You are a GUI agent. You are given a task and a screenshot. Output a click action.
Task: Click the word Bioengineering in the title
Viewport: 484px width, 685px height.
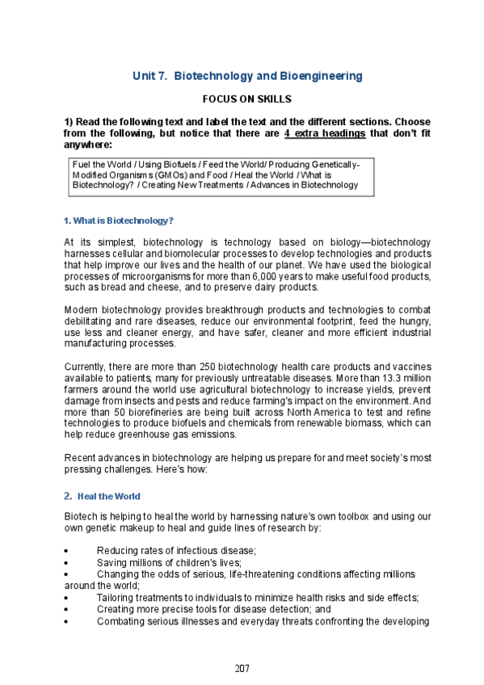coord(321,76)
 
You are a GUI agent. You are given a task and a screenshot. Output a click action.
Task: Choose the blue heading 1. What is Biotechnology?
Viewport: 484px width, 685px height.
coord(119,221)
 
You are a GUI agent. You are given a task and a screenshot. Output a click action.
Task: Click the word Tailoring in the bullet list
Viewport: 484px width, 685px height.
coord(116,598)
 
